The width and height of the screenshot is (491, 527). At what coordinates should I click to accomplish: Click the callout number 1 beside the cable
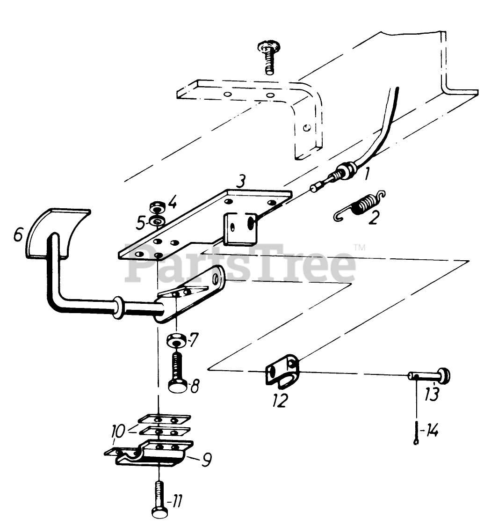(367, 174)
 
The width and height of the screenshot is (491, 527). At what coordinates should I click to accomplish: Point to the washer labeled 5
(157, 222)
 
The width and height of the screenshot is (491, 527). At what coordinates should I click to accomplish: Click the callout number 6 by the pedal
(19, 234)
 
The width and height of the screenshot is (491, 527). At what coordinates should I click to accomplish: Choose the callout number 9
(206, 460)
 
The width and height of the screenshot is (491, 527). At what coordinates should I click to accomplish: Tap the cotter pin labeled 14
(417, 433)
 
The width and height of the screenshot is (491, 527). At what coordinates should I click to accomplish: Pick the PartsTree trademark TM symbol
(359, 248)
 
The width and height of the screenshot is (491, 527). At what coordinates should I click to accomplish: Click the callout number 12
(280, 400)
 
